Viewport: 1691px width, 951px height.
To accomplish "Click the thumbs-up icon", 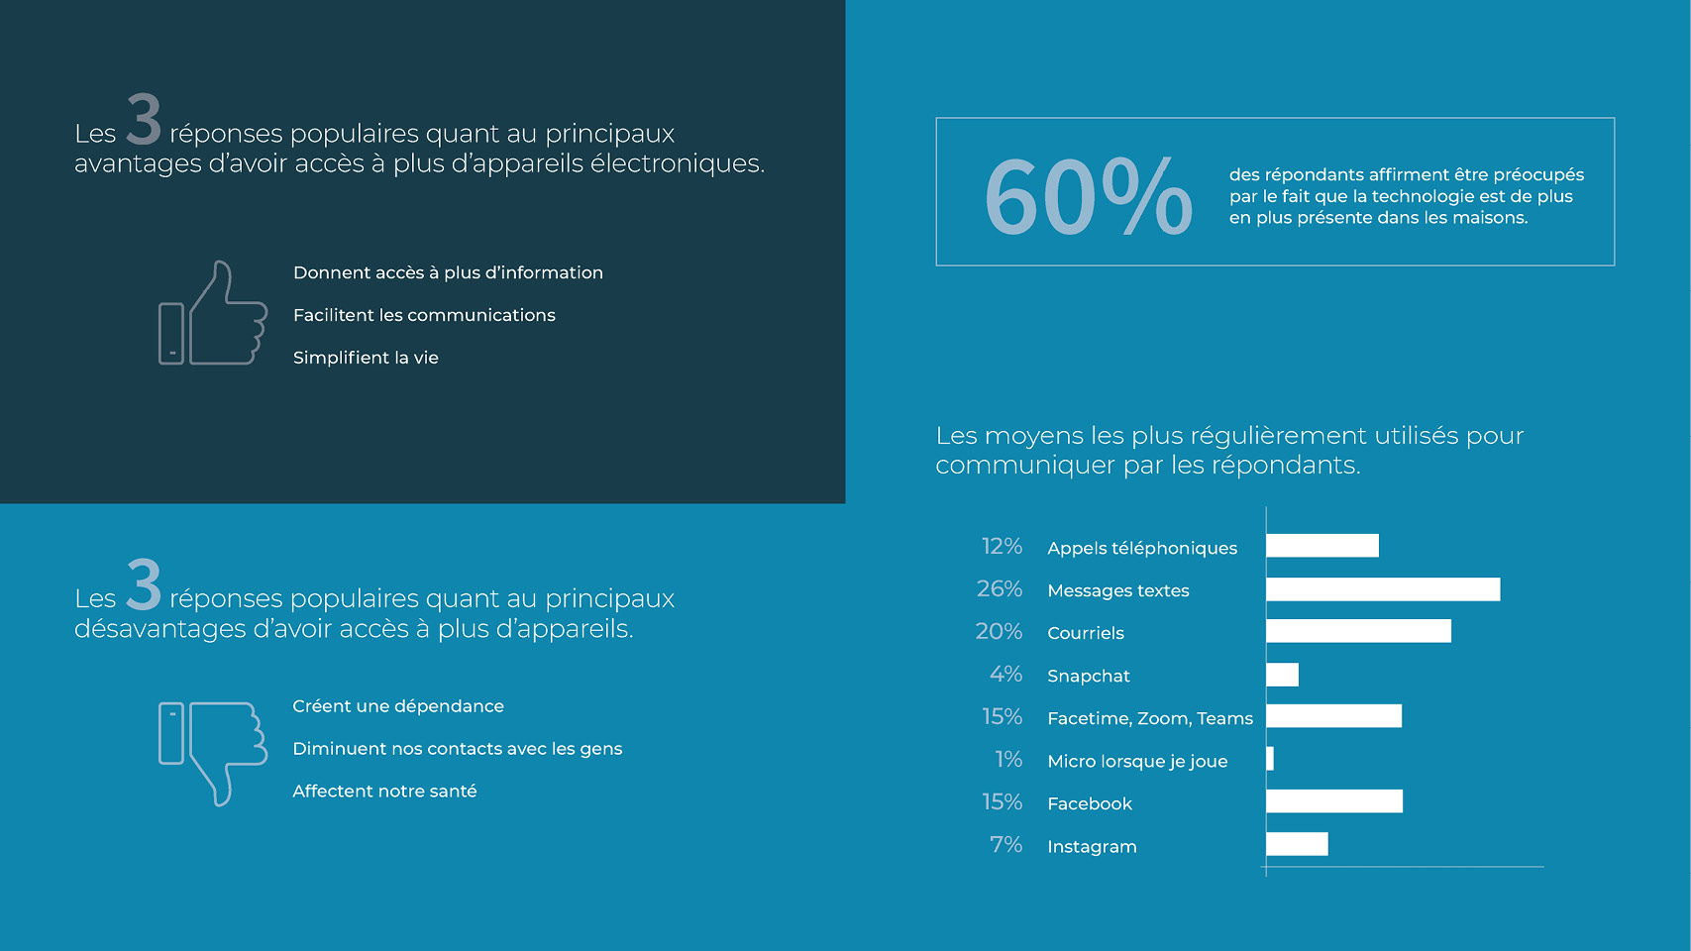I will (214, 314).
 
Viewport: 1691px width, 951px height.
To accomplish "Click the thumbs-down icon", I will (214, 752).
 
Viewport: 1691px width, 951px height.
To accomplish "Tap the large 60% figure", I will (1088, 197).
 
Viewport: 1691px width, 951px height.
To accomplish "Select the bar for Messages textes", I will (1382, 589).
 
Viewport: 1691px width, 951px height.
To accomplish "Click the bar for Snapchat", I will (1282, 675).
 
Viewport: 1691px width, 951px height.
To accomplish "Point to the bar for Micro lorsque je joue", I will (1270, 759).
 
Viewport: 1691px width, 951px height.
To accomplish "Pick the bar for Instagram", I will (1297, 844).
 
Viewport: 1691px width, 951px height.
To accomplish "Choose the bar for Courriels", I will (1358, 631).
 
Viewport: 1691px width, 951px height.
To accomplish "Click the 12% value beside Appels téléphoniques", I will (1002, 547).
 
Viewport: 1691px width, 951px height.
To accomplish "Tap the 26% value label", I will (999, 589).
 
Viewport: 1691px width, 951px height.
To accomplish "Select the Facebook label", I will (1089, 803).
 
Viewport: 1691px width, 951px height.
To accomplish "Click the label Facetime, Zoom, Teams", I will (1149, 718).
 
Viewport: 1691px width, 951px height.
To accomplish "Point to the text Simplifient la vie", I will (366, 358).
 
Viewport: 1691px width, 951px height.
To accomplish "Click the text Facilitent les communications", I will (424, 315).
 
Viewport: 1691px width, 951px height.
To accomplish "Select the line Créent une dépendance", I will (398, 706).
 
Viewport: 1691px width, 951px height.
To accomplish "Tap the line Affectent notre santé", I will (384, 792).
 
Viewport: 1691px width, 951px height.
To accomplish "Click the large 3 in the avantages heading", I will (144, 120).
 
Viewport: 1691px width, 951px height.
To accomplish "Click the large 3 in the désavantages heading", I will (144, 585).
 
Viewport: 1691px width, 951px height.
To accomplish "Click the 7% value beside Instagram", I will (1005, 845).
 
